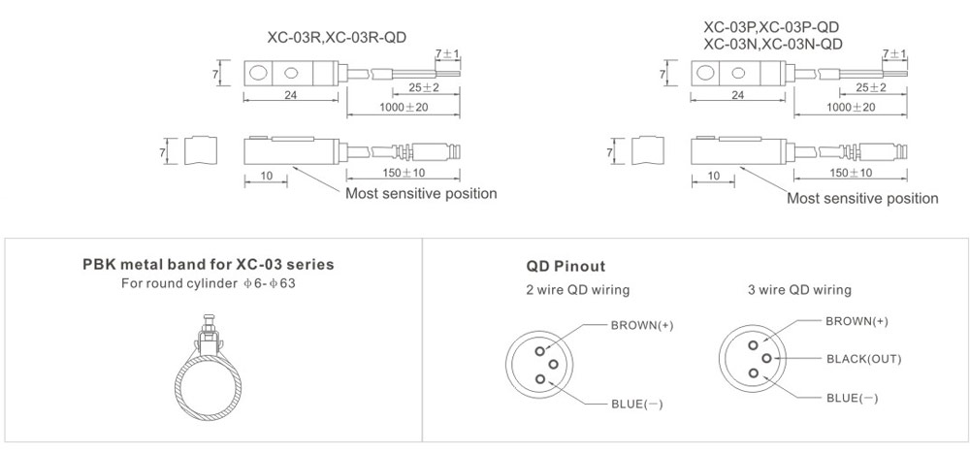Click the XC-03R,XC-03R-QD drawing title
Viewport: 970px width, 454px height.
pos(336,38)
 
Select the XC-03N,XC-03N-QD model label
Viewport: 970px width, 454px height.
pos(772,44)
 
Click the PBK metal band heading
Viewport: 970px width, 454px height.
pos(210,264)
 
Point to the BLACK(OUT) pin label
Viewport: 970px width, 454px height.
pos(863,359)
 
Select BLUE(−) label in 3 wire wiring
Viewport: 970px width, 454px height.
pos(853,398)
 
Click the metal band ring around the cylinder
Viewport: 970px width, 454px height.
pos(207,378)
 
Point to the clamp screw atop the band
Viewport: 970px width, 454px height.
pos(207,319)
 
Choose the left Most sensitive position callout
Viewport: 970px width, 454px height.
pos(421,193)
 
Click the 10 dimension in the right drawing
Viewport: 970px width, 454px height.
pos(713,175)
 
